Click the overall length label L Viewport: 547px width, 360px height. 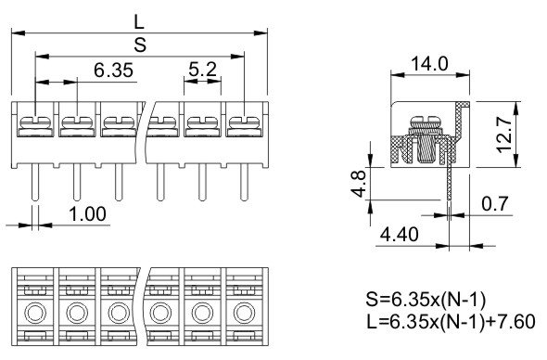click(x=139, y=22)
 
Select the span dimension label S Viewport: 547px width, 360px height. click(x=140, y=45)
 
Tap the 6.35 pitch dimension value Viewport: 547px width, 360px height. click(x=113, y=71)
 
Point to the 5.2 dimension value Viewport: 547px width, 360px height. click(x=203, y=70)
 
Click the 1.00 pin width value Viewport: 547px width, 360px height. click(x=87, y=214)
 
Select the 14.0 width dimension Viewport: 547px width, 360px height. click(x=429, y=64)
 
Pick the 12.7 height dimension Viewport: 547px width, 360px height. click(x=504, y=135)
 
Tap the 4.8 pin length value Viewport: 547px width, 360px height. click(x=359, y=184)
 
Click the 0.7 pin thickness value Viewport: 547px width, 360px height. click(x=495, y=203)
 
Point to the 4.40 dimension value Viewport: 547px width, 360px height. click(x=399, y=235)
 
